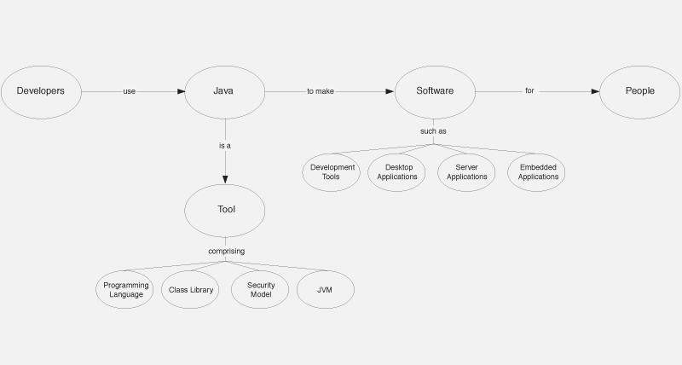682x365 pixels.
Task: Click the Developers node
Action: pos(41,92)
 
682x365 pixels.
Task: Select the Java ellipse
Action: pos(225,92)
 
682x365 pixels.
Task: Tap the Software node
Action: pos(435,92)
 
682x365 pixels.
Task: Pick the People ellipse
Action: pos(640,92)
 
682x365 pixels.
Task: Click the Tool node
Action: pos(225,211)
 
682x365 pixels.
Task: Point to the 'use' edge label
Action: pos(130,91)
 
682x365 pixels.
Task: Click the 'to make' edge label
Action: pos(321,91)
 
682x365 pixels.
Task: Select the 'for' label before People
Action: pos(529,90)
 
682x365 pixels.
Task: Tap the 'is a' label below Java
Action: pos(225,146)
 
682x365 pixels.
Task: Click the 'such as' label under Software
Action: pos(433,131)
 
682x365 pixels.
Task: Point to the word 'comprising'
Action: pos(226,251)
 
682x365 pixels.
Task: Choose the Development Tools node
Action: pos(332,172)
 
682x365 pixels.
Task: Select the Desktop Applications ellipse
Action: pos(396,172)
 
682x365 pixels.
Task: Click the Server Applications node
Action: pos(466,172)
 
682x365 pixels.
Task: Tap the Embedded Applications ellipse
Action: pos(536,172)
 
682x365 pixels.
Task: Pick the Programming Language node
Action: pos(124,290)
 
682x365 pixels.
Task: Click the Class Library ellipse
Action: pos(190,290)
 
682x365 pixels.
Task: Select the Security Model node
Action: pos(260,290)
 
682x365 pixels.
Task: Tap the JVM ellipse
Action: pos(326,290)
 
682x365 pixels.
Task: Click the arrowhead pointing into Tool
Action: pos(225,179)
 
